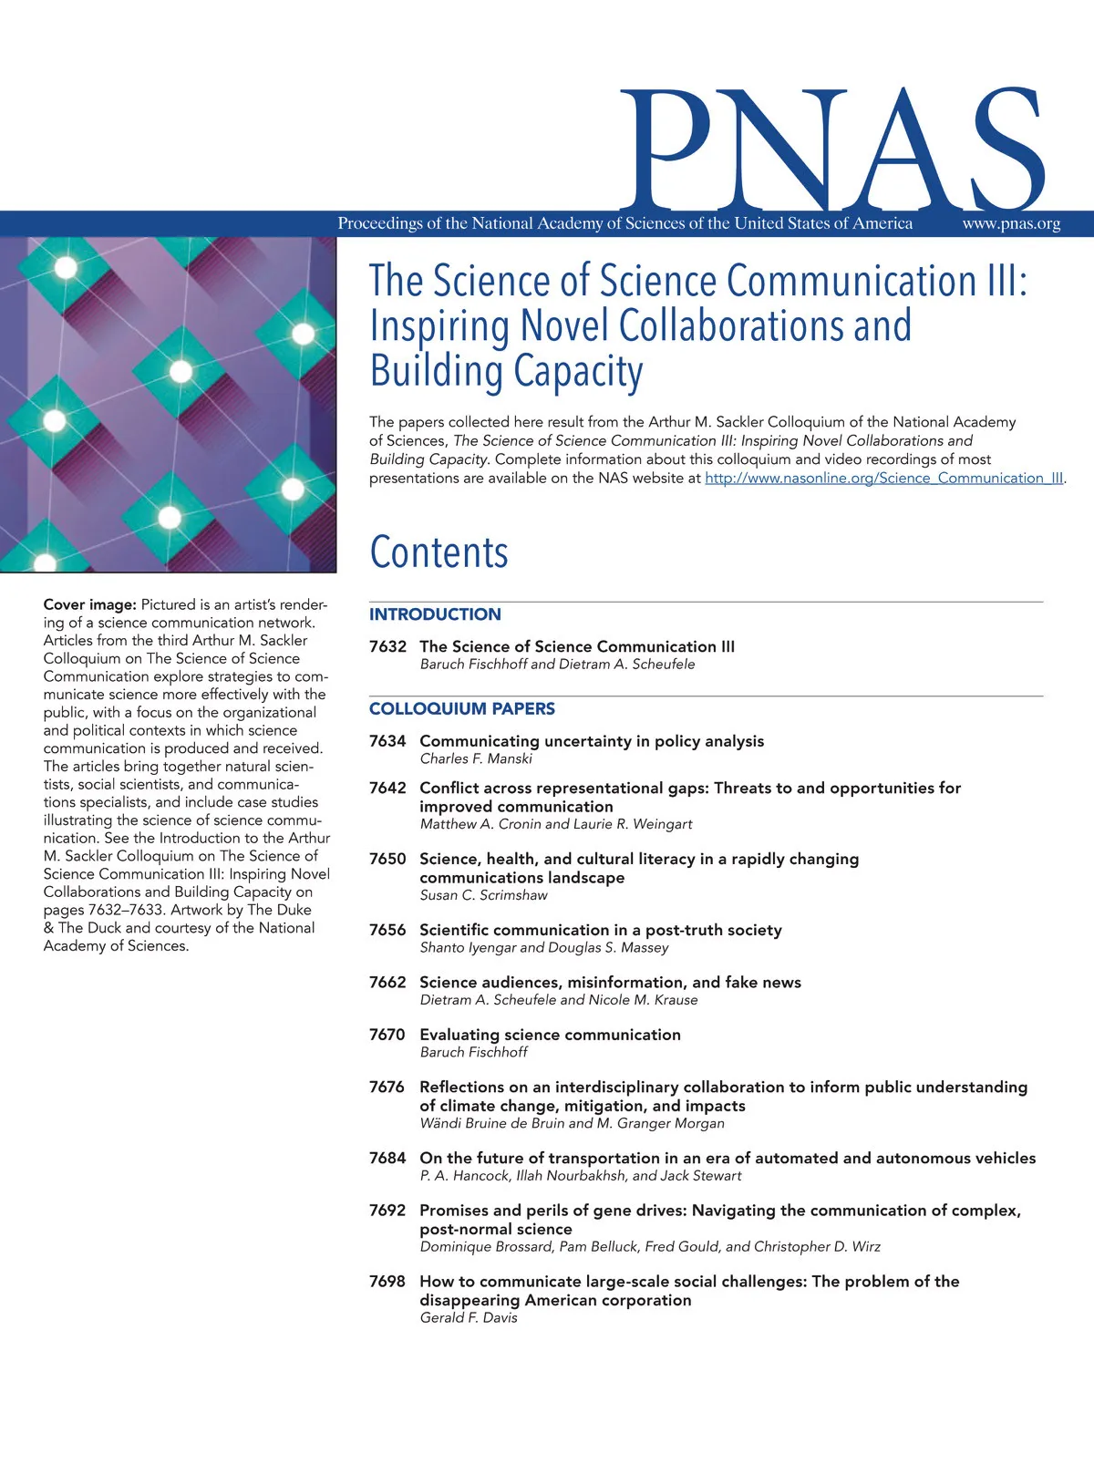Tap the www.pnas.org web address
(1011, 223)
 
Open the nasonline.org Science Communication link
(883, 478)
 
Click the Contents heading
(439, 552)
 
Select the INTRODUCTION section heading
(435, 614)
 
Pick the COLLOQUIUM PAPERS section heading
(461, 708)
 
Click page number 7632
(387, 646)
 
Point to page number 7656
(387, 930)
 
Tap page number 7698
(387, 1281)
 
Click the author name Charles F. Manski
(476, 758)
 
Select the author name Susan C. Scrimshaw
(483, 895)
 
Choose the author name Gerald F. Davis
(469, 1317)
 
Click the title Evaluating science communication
(550, 1035)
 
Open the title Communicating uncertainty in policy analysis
(592, 741)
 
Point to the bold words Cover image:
(90, 604)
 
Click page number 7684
(387, 1158)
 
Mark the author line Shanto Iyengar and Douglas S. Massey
(544, 947)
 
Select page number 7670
(387, 1035)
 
